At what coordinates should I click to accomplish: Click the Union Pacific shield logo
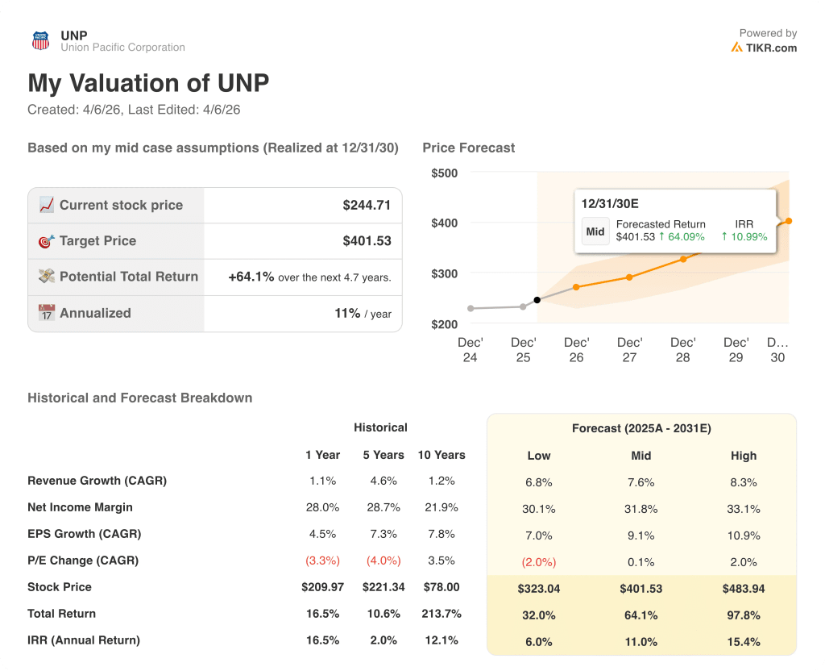click(x=40, y=41)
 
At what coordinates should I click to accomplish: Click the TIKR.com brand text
click(x=771, y=48)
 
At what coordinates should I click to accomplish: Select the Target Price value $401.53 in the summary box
click(x=367, y=240)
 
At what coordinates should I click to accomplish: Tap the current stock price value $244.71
click(x=367, y=205)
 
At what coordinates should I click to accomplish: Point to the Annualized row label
click(x=94, y=313)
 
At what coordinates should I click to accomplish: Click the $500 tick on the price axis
click(x=444, y=173)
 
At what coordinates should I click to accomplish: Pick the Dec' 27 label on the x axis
click(x=629, y=349)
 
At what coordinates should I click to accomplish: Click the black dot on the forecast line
click(x=537, y=300)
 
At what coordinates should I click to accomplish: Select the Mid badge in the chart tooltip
click(x=595, y=231)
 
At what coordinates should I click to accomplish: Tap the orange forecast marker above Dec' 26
click(x=576, y=287)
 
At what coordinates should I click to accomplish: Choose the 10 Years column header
click(x=441, y=455)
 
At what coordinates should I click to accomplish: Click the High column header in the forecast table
click(x=743, y=456)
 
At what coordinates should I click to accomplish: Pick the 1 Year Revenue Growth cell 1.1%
click(x=322, y=481)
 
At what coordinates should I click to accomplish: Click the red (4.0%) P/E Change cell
click(x=383, y=561)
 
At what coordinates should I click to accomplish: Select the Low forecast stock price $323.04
click(x=538, y=589)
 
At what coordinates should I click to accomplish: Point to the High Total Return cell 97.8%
click(x=743, y=615)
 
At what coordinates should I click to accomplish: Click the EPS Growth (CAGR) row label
click(x=84, y=534)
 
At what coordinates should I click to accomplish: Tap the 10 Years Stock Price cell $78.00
click(x=441, y=587)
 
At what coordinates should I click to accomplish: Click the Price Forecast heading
click(x=468, y=148)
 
